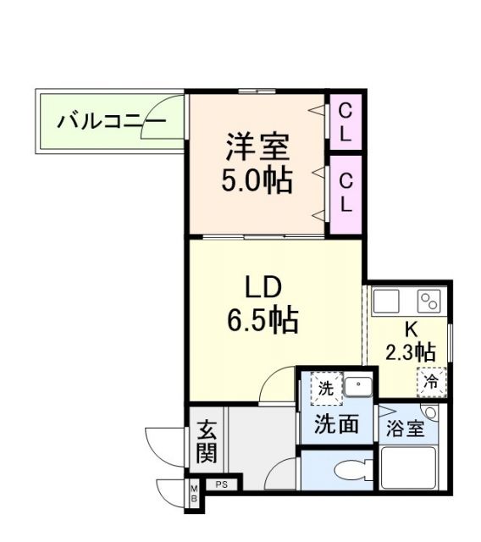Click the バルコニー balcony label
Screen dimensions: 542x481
click(110, 122)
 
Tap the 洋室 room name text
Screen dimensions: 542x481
click(257, 147)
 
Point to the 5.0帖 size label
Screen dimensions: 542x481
click(257, 180)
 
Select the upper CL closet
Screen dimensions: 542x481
click(346, 122)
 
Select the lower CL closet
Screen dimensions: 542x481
click(346, 193)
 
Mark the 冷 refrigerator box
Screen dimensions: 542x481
click(431, 382)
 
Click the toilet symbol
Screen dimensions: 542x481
click(349, 469)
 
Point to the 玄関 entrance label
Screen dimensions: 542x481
click(207, 442)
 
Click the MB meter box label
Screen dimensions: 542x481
click(193, 495)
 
